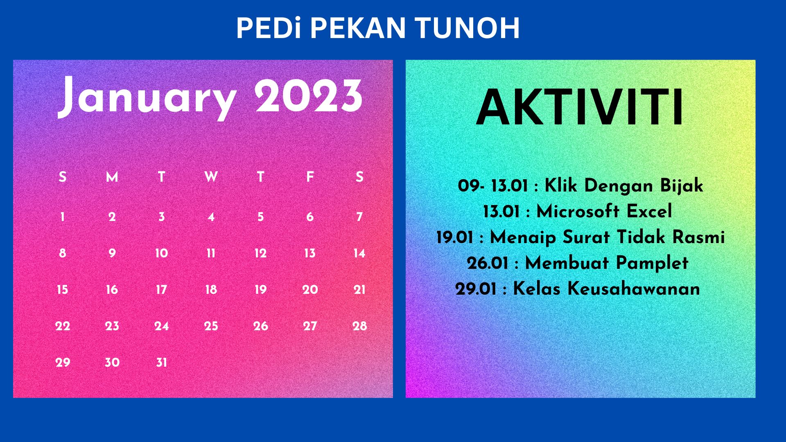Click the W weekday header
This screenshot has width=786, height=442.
point(211,177)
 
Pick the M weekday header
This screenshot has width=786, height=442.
point(112,177)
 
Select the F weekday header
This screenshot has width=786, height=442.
point(310,177)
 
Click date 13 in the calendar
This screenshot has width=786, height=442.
point(310,253)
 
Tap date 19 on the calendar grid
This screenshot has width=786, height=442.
point(260,290)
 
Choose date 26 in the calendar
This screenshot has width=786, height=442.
point(260,326)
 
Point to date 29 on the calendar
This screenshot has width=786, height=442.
point(63,363)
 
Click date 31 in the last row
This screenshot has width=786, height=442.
point(161,363)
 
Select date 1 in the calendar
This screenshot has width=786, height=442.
point(63,217)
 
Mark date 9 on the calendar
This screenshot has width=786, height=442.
point(112,253)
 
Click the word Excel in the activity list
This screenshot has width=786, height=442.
point(649,212)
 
